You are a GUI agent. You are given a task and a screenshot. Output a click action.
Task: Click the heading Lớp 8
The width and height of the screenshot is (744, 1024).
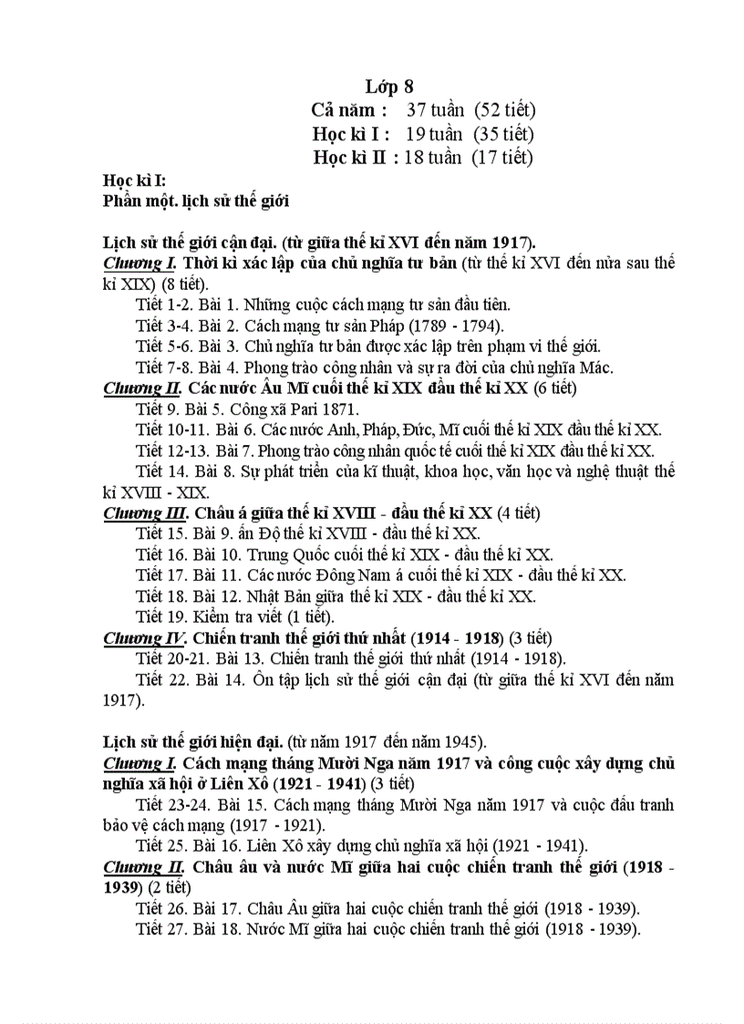[x=389, y=87]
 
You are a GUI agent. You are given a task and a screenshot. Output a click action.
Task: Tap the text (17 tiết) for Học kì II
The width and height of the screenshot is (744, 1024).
[x=501, y=157]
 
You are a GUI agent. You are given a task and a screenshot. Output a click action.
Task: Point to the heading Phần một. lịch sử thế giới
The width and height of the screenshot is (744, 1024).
[x=197, y=201]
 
